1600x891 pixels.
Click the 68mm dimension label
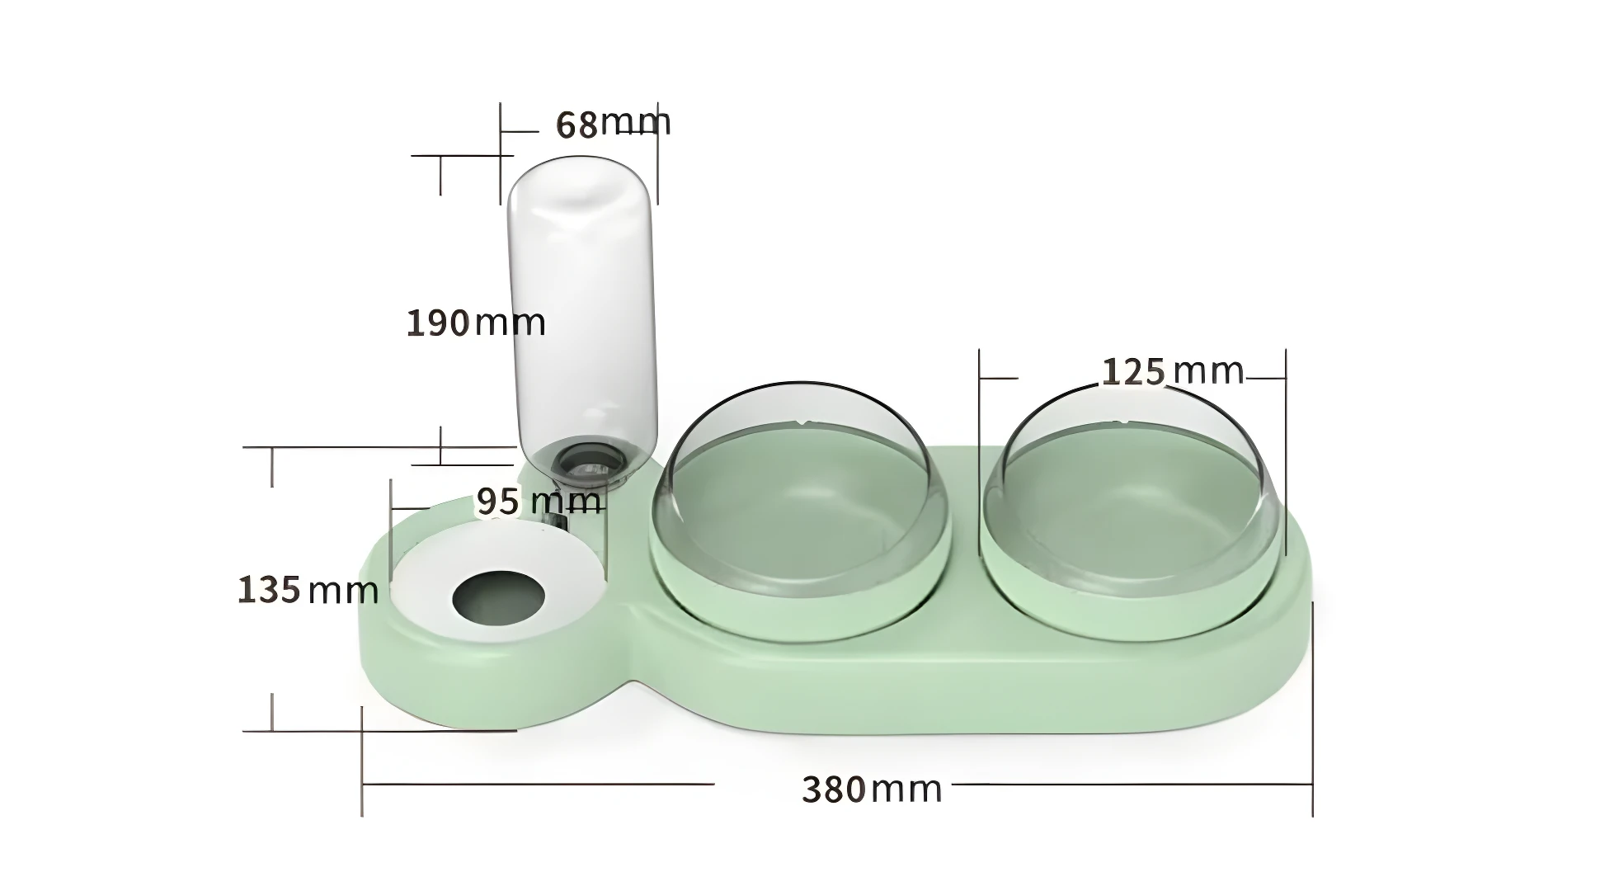tap(613, 124)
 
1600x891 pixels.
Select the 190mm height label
tap(476, 323)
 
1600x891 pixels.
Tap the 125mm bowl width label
tap(1172, 372)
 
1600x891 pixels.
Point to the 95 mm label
tap(539, 501)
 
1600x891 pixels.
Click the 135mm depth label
tap(307, 590)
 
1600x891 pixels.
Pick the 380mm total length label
tap(871, 790)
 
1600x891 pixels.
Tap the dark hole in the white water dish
tap(499, 595)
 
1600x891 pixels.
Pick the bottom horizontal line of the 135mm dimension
tap(379, 730)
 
